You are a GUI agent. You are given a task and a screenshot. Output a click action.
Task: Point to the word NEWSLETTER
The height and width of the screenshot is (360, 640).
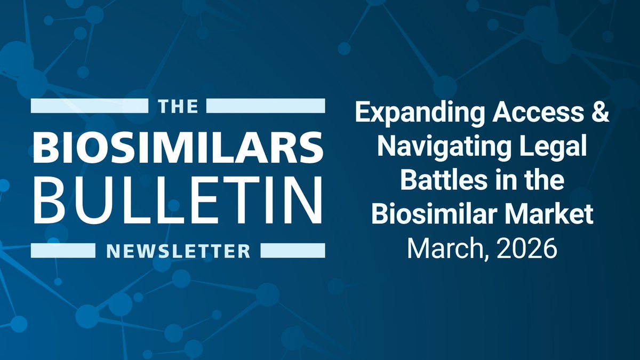[x=178, y=250]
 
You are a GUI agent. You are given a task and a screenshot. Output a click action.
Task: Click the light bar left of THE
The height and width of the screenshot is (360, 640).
[x=91, y=106]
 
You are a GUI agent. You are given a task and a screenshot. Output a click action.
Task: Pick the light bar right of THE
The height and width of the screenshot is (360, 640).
[x=265, y=106]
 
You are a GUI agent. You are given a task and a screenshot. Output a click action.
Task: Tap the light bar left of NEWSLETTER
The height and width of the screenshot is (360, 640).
[x=63, y=250]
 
